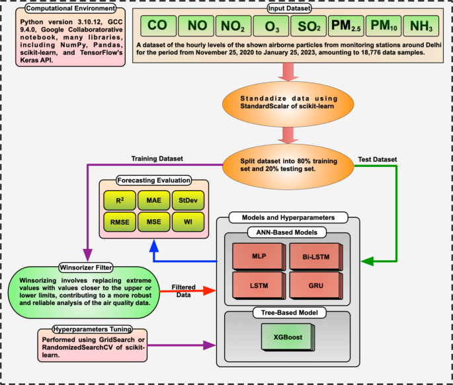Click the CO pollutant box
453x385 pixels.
[156, 26]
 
